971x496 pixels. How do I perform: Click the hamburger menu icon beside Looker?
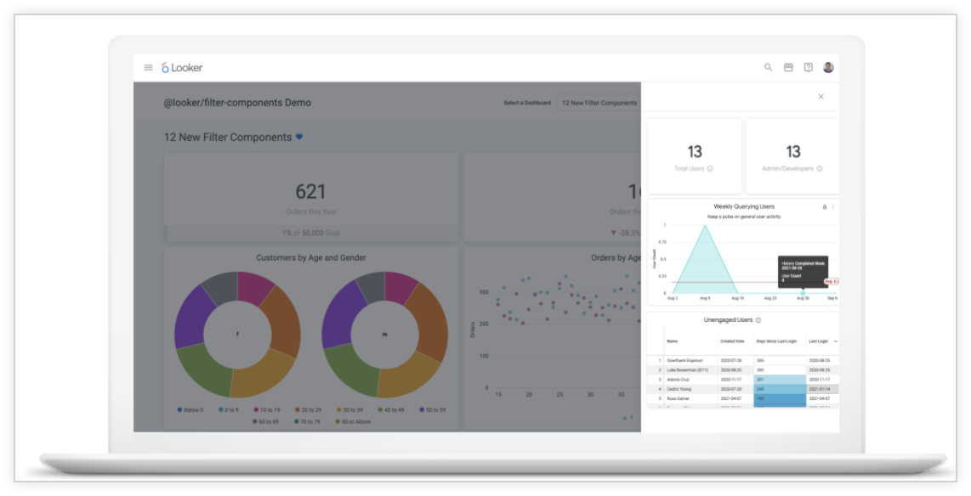coord(149,68)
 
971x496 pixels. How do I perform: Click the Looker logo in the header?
coord(182,68)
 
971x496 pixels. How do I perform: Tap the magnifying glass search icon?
coord(769,67)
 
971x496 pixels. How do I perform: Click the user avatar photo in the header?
coord(828,67)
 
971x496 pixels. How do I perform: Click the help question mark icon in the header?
coord(809,67)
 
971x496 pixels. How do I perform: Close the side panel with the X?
coord(821,97)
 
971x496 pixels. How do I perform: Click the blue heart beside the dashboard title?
coord(299,137)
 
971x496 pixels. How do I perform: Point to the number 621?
coord(310,192)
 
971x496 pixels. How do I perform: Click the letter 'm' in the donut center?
coord(384,335)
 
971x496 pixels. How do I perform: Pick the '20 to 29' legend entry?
coord(309,410)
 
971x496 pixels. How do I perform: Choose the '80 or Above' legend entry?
coord(354,421)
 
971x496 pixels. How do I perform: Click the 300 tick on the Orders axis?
coord(483,292)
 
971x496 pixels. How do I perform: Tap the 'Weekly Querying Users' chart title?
coord(743,206)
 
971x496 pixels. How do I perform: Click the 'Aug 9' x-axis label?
coord(705,298)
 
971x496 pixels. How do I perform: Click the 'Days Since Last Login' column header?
coord(777,341)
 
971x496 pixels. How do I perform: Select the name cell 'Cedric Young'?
coord(679,389)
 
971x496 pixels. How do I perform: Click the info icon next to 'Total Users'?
coord(711,169)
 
